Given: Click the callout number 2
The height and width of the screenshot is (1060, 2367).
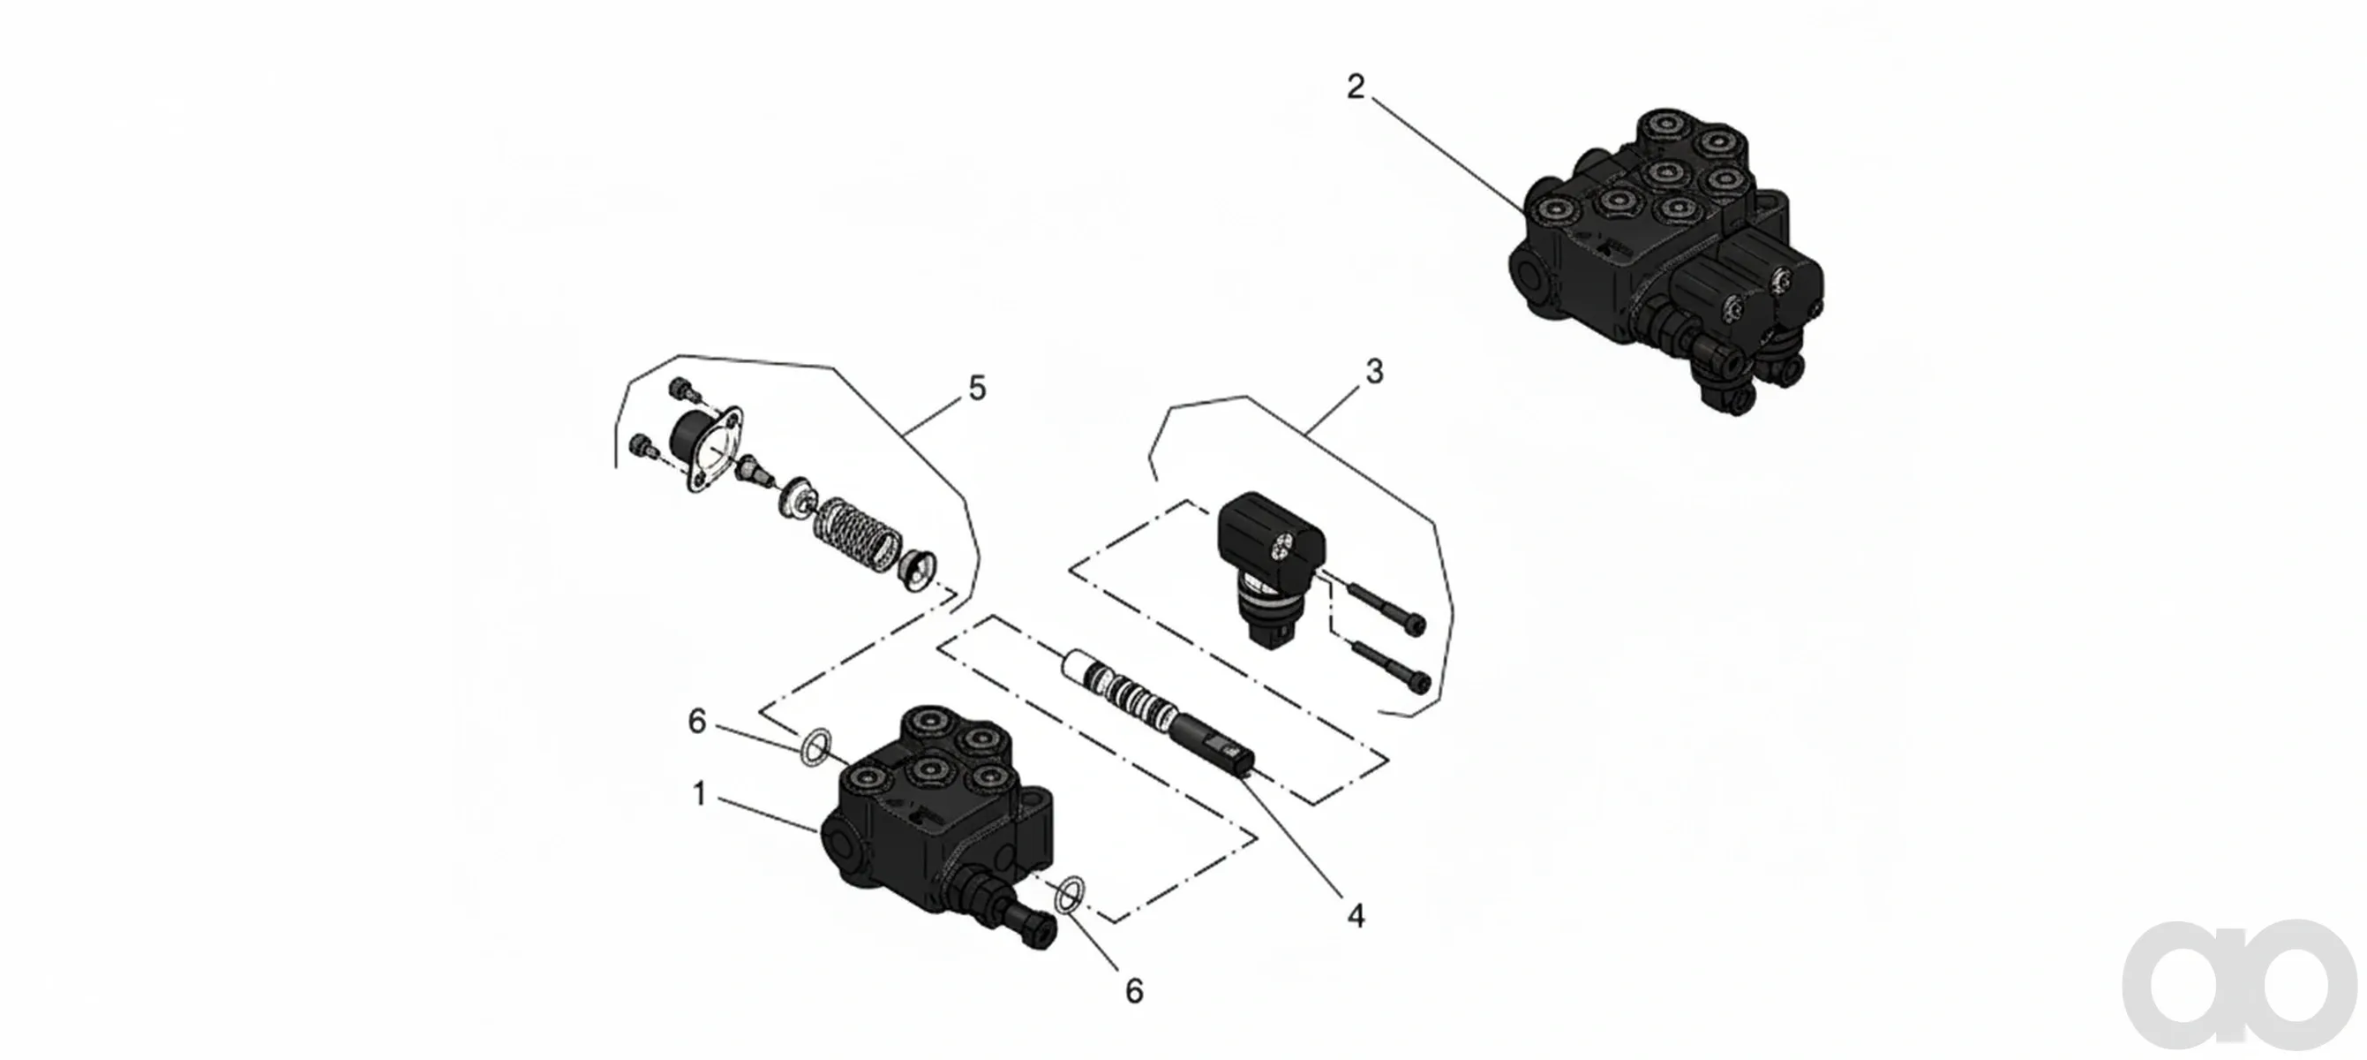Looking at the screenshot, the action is point(1356,87).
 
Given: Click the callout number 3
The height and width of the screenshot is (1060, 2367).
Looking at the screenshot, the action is point(1375,373).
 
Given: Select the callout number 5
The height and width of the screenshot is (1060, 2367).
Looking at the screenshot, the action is point(977,389).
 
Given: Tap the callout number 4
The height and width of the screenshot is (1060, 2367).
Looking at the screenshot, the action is point(1356,916).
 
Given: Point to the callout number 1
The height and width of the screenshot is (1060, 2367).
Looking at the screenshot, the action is point(699,794).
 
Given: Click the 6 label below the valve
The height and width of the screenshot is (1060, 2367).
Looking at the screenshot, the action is point(1134,991).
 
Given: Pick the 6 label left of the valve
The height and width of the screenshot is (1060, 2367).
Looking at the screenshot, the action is point(697,723).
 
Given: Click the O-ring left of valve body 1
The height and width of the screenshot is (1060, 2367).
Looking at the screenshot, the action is point(814,748).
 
